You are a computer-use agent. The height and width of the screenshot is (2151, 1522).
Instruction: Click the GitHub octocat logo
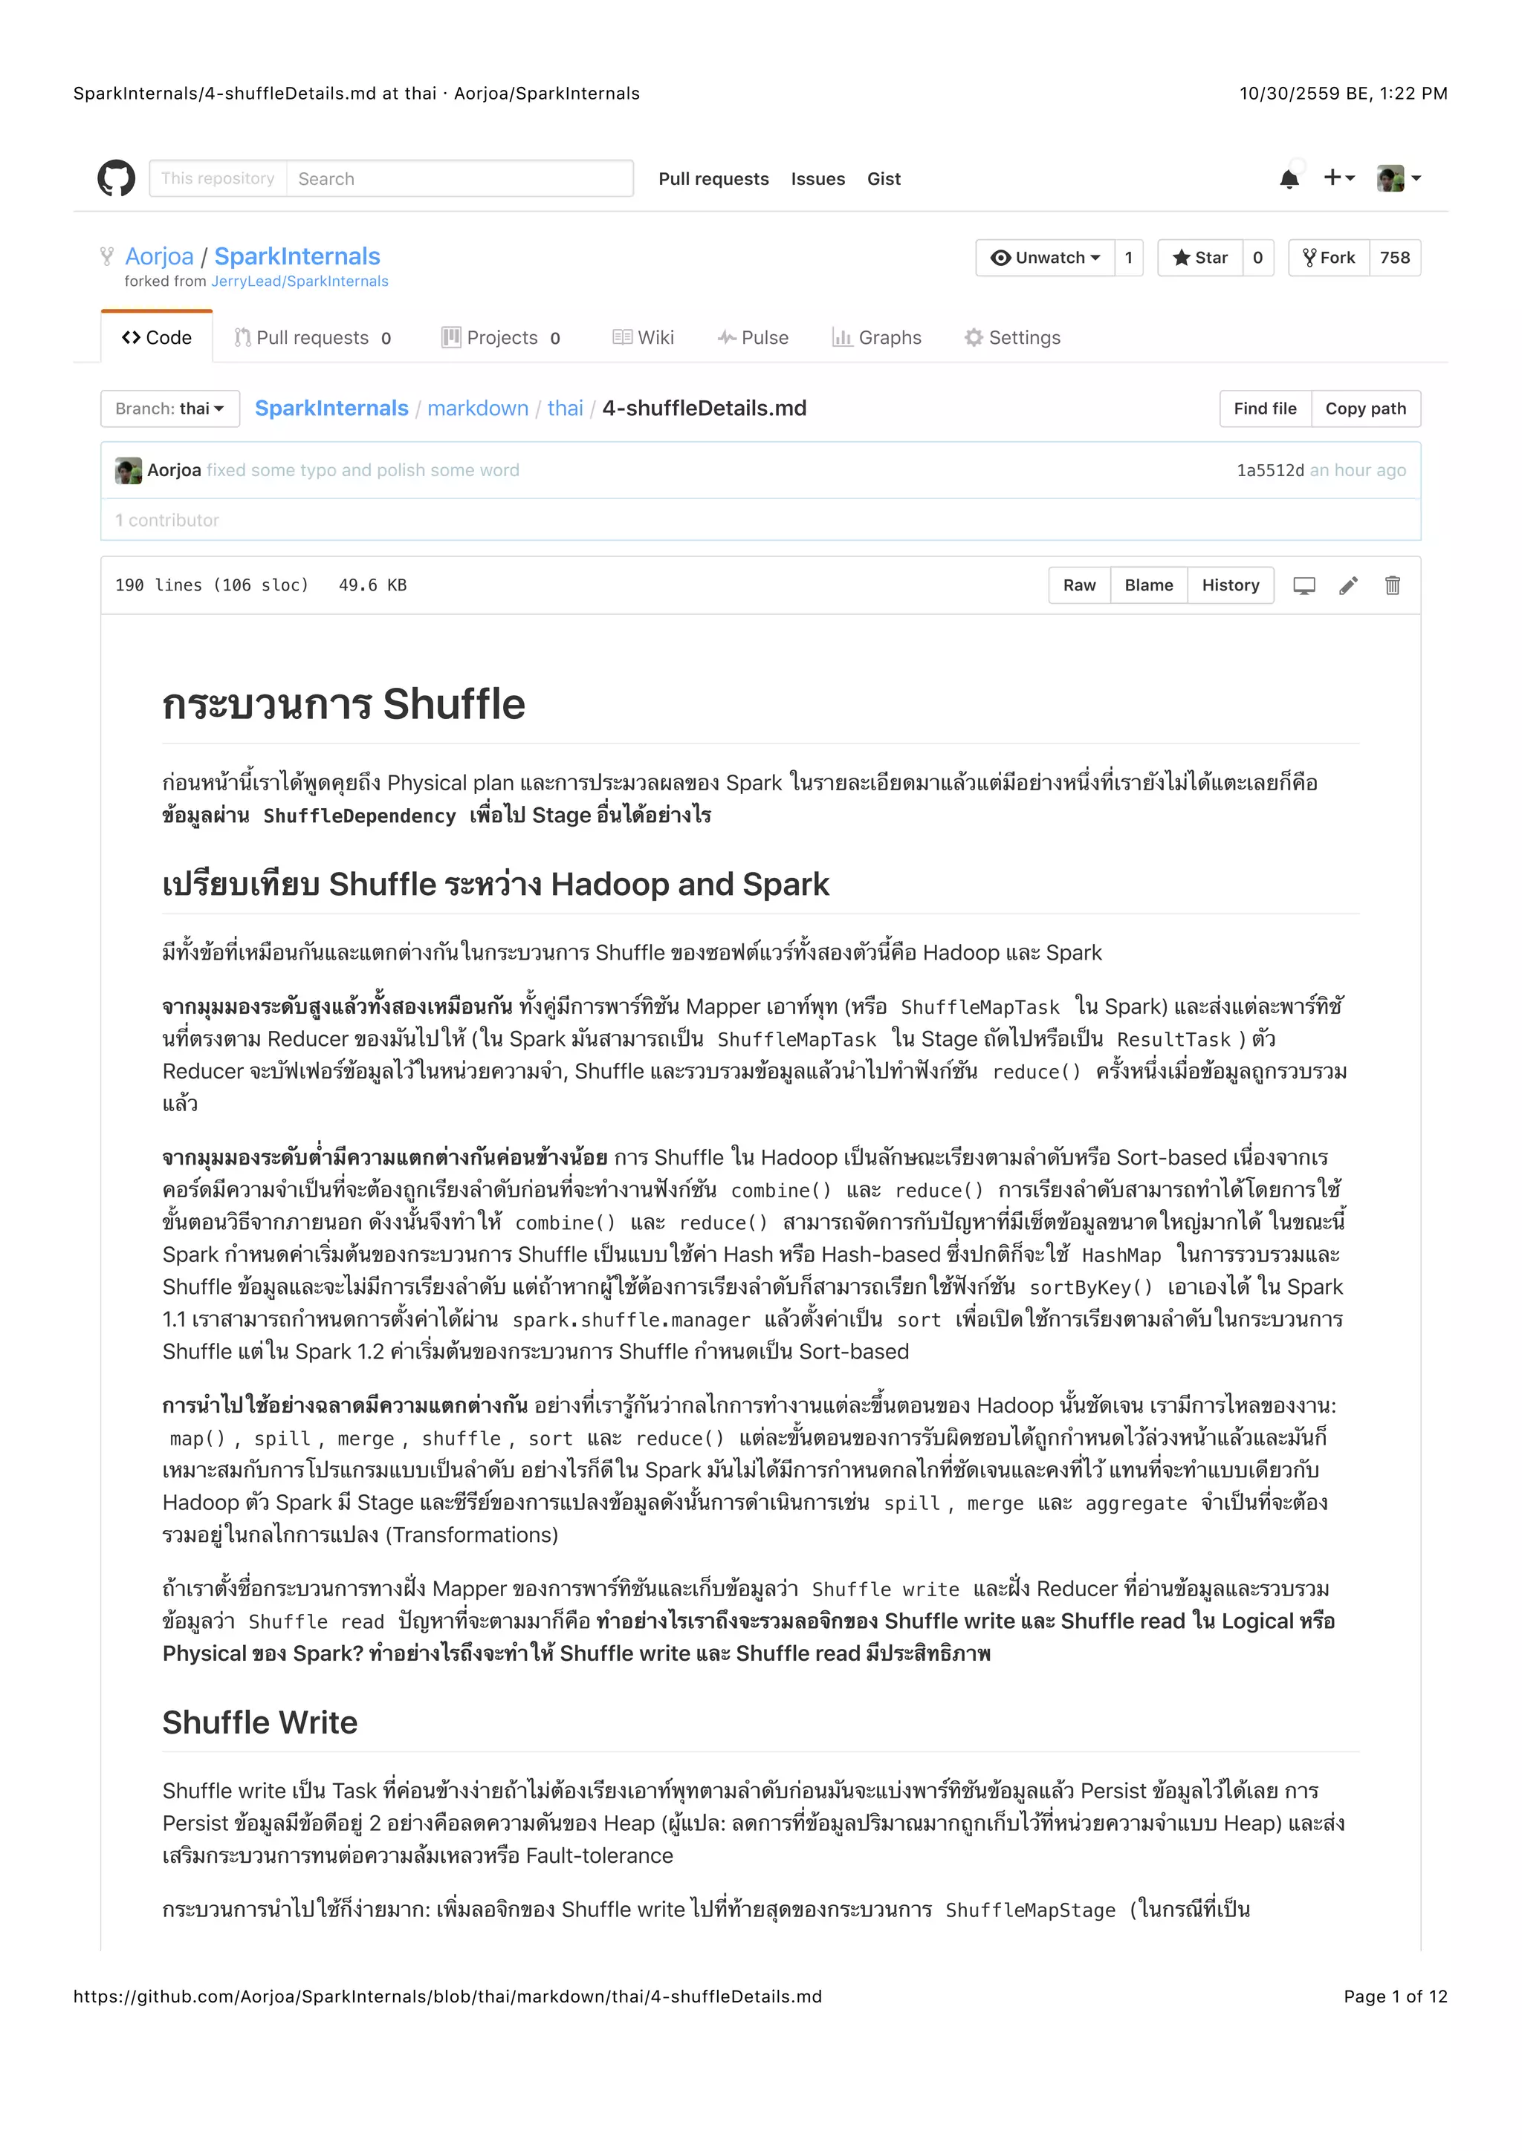(x=116, y=178)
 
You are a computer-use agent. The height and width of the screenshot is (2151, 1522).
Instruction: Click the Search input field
(x=459, y=178)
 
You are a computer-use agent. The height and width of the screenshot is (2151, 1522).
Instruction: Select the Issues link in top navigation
(x=817, y=179)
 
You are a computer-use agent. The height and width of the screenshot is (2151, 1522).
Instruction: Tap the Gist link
(x=883, y=179)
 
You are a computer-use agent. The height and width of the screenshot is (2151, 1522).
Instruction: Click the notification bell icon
(x=1289, y=179)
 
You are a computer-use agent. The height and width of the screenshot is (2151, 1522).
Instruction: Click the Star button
(x=1200, y=258)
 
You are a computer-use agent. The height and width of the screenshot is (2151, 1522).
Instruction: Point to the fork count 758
(x=1393, y=258)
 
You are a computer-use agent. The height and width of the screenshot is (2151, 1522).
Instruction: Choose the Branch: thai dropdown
(x=169, y=409)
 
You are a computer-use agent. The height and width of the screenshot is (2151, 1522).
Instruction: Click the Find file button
(x=1264, y=409)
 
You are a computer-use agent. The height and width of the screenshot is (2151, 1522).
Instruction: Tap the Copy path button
(x=1364, y=409)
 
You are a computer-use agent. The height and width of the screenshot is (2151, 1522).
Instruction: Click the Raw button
(x=1079, y=585)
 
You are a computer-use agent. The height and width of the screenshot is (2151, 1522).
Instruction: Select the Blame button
(x=1148, y=585)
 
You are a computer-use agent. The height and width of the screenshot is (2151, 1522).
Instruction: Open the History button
(x=1230, y=585)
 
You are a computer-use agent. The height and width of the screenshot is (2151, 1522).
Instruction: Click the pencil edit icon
(x=1347, y=585)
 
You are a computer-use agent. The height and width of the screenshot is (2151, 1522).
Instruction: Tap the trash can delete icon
(x=1392, y=585)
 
